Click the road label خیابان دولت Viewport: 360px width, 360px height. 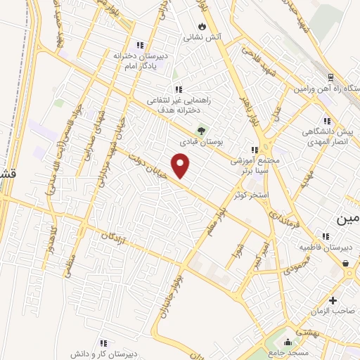(153, 168)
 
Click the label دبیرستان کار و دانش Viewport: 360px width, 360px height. (103, 354)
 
